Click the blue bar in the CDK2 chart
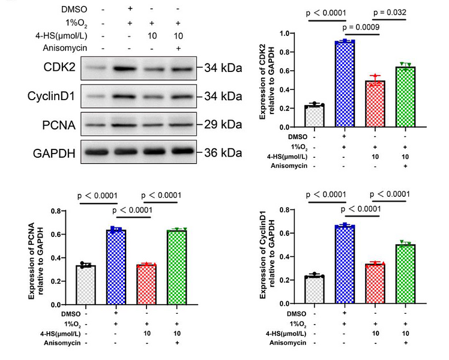pyautogui.click(x=345, y=84)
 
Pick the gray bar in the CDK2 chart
pyautogui.click(x=314, y=116)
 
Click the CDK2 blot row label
pyautogui.click(x=59, y=68)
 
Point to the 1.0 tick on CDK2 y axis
pyautogui.click(x=289, y=34)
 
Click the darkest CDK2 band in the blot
pyautogui.click(x=127, y=68)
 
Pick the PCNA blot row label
pyautogui.click(x=58, y=124)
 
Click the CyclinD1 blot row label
pyautogui.click(x=50, y=96)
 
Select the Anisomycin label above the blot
pyautogui.click(x=61, y=47)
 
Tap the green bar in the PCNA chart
pyautogui.click(x=176, y=266)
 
